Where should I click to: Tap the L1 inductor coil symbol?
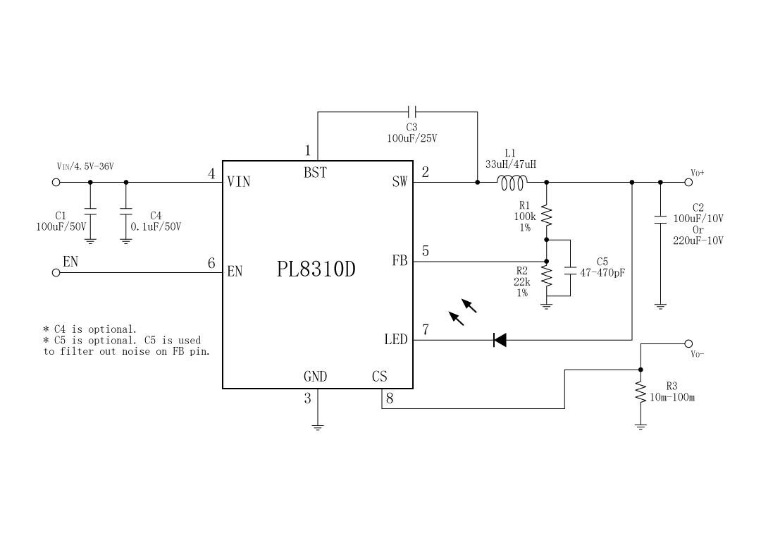tap(511, 183)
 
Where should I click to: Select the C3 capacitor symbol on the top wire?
tap(412, 111)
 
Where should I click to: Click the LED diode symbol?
tap(500, 340)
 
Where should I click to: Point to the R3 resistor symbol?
tap(641, 393)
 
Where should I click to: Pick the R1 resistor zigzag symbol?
tap(547, 217)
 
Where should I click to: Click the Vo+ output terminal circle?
tap(688, 182)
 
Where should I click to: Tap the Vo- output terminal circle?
tap(688, 344)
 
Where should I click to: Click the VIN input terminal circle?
tap(56, 182)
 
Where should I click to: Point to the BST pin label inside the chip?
tap(315, 173)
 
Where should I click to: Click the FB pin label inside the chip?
tap(400, 261)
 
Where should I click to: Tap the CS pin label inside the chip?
tap(379, 377)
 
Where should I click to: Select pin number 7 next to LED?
tap(426, 329)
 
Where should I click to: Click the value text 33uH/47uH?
tap(510, 164)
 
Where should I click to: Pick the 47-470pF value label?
tap(602, 272)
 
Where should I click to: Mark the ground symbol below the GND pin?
tap(317, 426)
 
